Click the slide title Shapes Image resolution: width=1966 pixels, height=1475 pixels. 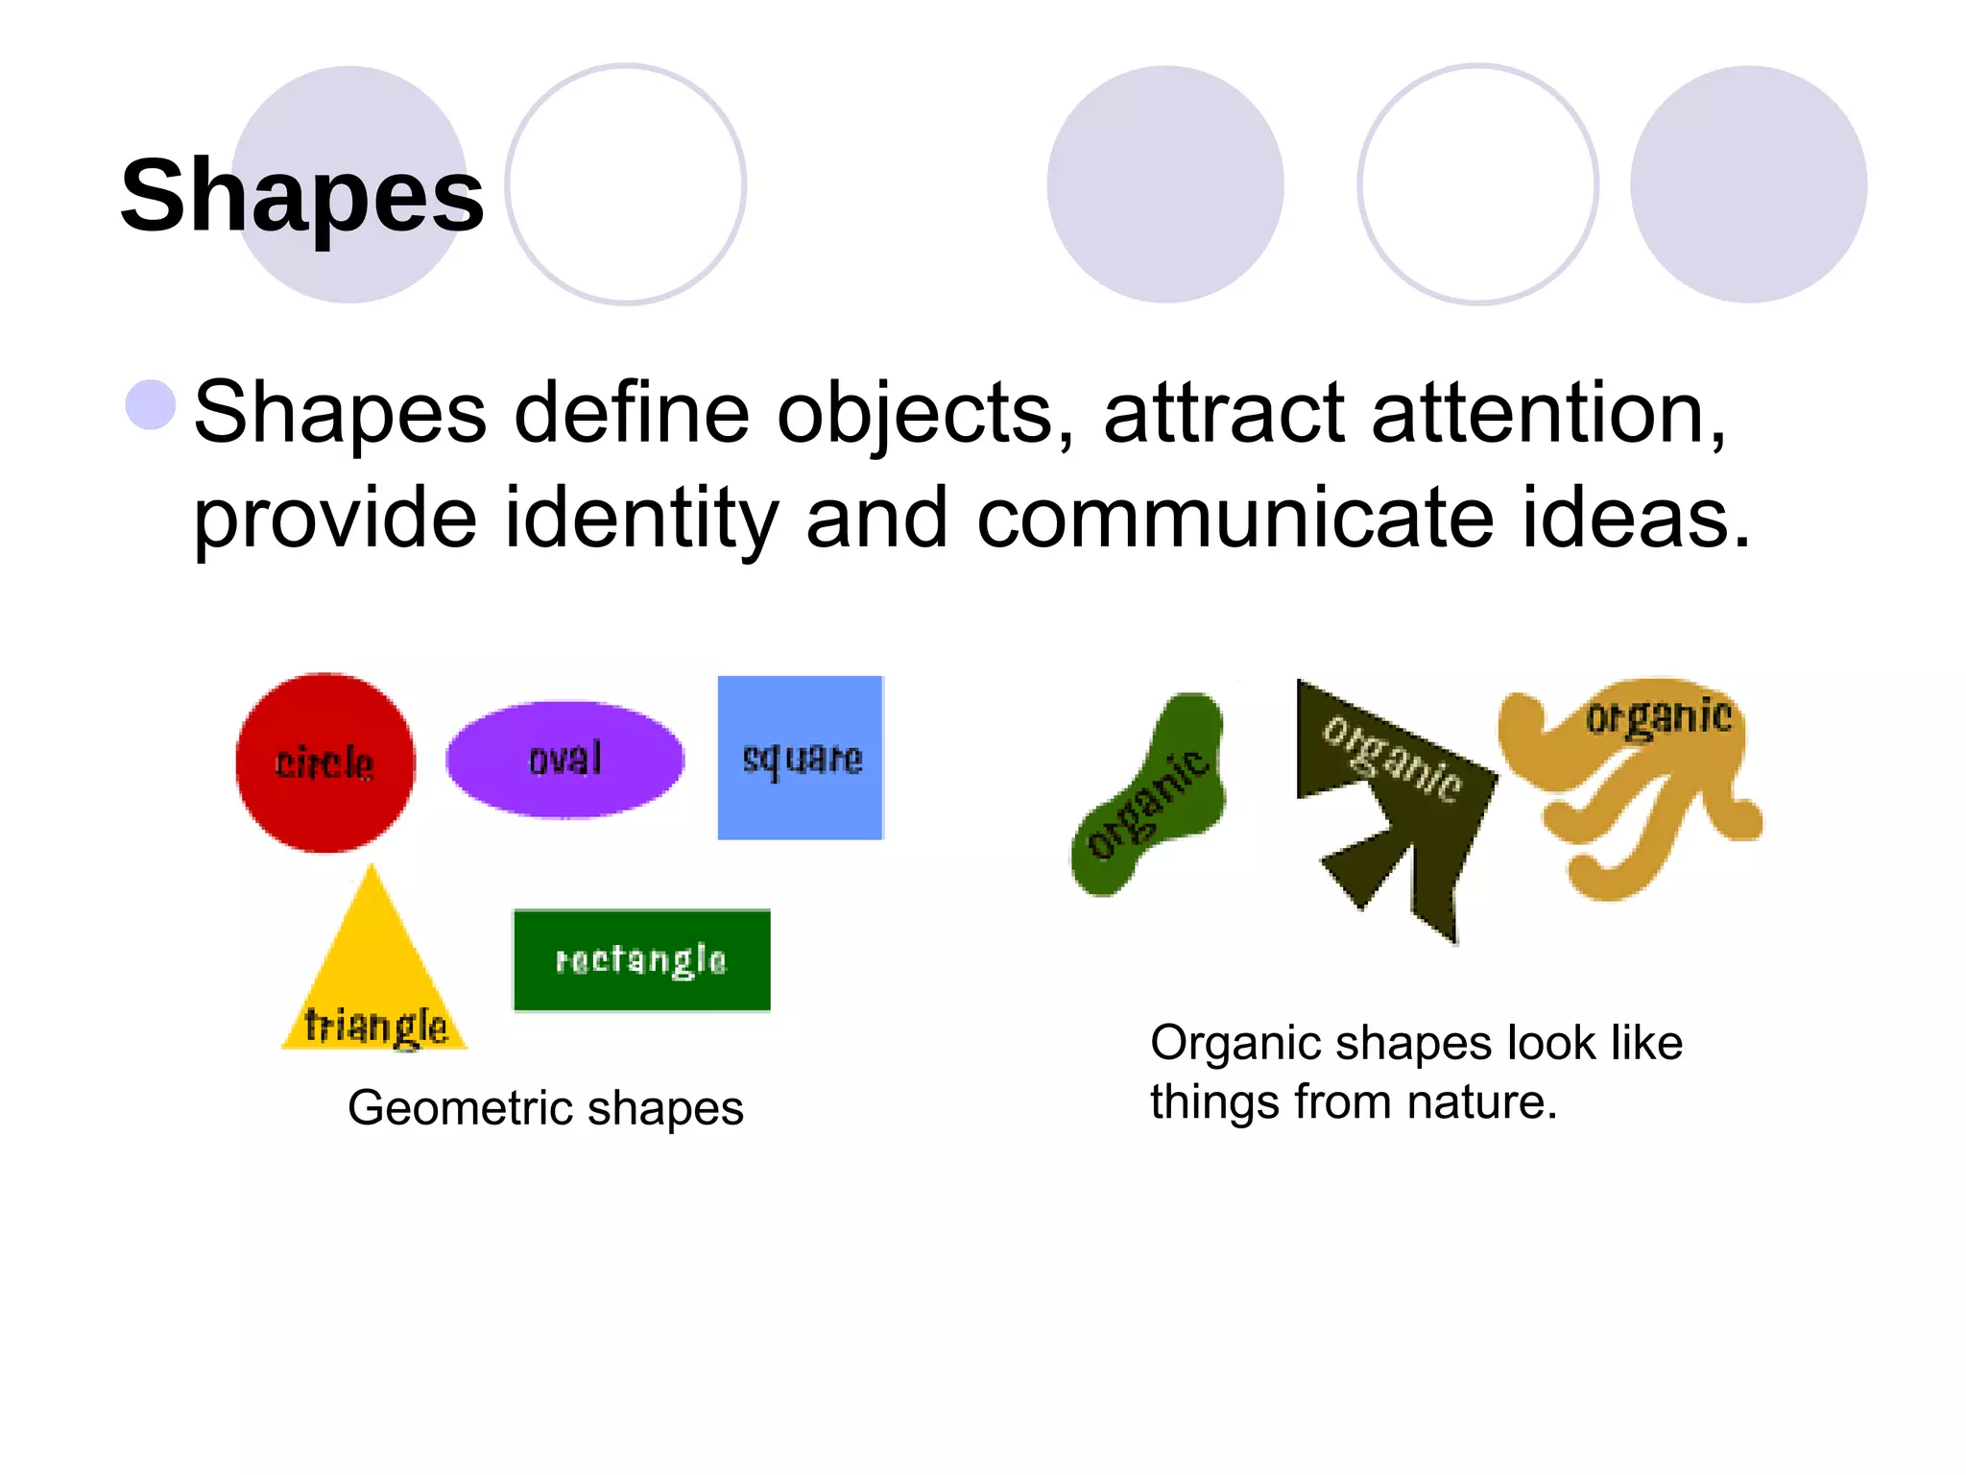(x=301, y=196)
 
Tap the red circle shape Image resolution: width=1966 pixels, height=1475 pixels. (x=325, y=762)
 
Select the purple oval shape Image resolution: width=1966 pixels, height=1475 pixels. (x=564, y=759)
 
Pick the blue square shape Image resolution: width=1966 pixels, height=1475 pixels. (x=801, y=758)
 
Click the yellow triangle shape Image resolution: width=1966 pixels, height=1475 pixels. (x=373, y=979)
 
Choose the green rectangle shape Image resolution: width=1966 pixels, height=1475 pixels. (x=641, y=959)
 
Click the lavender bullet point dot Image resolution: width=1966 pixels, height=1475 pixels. (x=151, y=404)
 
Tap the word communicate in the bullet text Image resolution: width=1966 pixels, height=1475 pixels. (x=1235, y=519)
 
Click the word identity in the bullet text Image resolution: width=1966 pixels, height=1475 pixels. (x=641, y=519)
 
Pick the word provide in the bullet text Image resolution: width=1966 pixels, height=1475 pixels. (x=335, y=519)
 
